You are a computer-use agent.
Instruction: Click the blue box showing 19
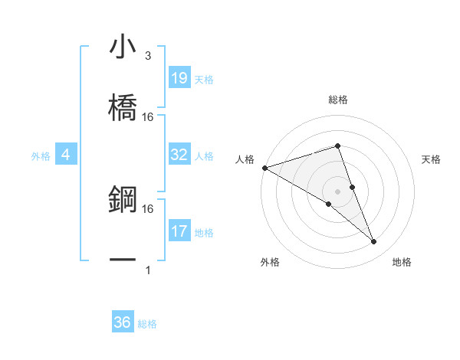point(179,78)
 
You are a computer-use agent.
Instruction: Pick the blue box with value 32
point(179,155)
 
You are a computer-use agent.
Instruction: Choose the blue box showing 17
point(179,231)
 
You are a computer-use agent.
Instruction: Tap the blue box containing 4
point(66,155)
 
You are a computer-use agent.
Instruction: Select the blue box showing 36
point(123,322)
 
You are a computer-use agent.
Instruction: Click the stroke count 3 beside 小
point(148,56)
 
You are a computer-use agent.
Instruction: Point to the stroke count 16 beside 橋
point(148,117)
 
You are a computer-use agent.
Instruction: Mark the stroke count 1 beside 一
point(148,270)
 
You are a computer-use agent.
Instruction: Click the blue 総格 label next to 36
point(147,324)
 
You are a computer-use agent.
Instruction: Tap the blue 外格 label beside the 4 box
point(41,156)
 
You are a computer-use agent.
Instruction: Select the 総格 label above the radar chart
point(337,100)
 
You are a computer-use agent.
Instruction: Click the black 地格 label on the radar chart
point(402,262)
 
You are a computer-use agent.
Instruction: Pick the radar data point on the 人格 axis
point(264,168)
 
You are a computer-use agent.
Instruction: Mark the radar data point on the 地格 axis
point(373,242)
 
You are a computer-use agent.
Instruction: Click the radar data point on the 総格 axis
point(337,146)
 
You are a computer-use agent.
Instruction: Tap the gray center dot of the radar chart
point(337,191)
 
